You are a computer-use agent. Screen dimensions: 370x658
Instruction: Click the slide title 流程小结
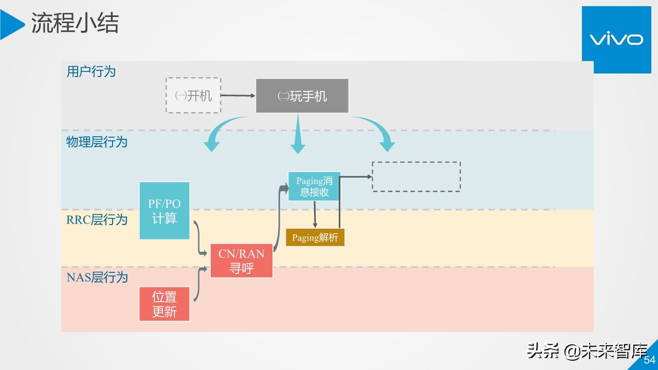click(75, 23)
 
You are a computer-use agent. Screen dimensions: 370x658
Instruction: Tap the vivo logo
click(616, 40)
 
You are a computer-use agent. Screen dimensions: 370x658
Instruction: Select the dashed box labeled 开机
click(193, 96)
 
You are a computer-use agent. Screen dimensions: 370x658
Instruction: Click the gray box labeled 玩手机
click(302, 96)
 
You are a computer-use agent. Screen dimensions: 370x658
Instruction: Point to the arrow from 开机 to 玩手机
click(238, 96)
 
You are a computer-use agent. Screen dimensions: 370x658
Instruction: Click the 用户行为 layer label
click(91, 71)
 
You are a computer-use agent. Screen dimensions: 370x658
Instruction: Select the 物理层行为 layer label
click(97, 142)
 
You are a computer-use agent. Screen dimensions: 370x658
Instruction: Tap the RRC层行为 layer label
click(97, 220)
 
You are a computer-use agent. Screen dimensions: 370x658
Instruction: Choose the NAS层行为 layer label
click(97, 277)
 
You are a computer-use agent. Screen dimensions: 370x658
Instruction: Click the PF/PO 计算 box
click(164, 211)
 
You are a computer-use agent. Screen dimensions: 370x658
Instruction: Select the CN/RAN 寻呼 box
click(242, 261)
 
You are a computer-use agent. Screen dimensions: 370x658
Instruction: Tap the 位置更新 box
click(164, 304)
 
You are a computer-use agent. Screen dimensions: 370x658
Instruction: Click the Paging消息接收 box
click(314, 187)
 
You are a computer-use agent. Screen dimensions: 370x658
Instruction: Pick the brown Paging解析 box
click(315, 238)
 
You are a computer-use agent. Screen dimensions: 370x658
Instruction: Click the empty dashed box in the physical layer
click(416, 177)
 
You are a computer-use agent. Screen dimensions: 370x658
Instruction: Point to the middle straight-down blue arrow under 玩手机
click(298, 136)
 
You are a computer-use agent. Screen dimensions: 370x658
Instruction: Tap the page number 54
click(650, 360)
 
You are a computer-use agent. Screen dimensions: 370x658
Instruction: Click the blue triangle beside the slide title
click(11, 24)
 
